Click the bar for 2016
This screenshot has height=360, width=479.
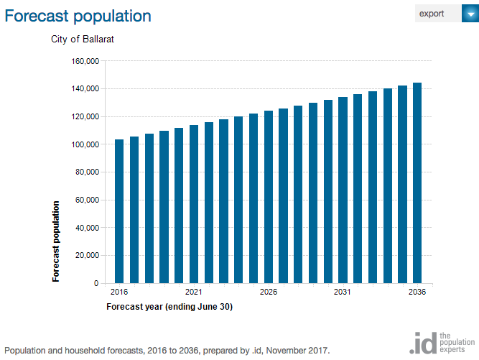[x=119, y=211]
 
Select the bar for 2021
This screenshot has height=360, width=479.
[x=194, y=204]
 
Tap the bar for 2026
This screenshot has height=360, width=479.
[x=269, y=197]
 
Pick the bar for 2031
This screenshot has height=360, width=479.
[x=343, y=190]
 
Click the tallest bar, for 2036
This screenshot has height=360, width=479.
[x=417, y=183]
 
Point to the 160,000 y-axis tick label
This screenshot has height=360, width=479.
[x=85, y=61]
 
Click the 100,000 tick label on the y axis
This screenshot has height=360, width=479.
[x=85, y=144]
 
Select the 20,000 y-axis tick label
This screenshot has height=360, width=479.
[x=88, y=256]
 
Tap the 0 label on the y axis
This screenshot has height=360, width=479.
[x=96, y=283]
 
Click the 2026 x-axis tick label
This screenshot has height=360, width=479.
[x=269, y=292]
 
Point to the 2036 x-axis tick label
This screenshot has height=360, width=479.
[x=417, y=292]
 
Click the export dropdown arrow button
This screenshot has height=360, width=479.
[x=470, y=14]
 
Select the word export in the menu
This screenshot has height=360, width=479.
[x=432, y=14]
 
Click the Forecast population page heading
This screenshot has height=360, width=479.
[x=78, y=16]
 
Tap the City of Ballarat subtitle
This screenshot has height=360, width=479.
[x=83, y=39]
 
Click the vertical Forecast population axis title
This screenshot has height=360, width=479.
[x=55, y=241]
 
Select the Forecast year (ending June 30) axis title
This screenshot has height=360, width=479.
[x=169, y=307]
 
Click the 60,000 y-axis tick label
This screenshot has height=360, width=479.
[x=88, y=200]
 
